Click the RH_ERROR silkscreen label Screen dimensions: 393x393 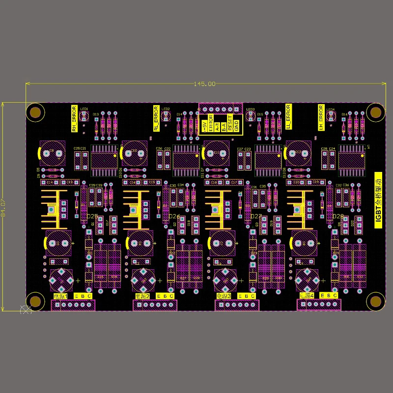tap(74, 118)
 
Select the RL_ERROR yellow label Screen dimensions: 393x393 tap(156, 118)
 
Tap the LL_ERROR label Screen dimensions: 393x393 tap(288, 117)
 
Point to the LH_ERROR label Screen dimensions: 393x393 tap(321, 117)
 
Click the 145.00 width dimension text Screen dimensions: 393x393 tap(204, 84)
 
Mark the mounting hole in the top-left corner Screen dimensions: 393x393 tap(35, 112)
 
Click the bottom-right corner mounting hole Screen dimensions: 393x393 tap(376, 301)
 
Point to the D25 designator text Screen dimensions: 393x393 tap(92, 217)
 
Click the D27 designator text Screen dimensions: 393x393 tap(256, 217)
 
